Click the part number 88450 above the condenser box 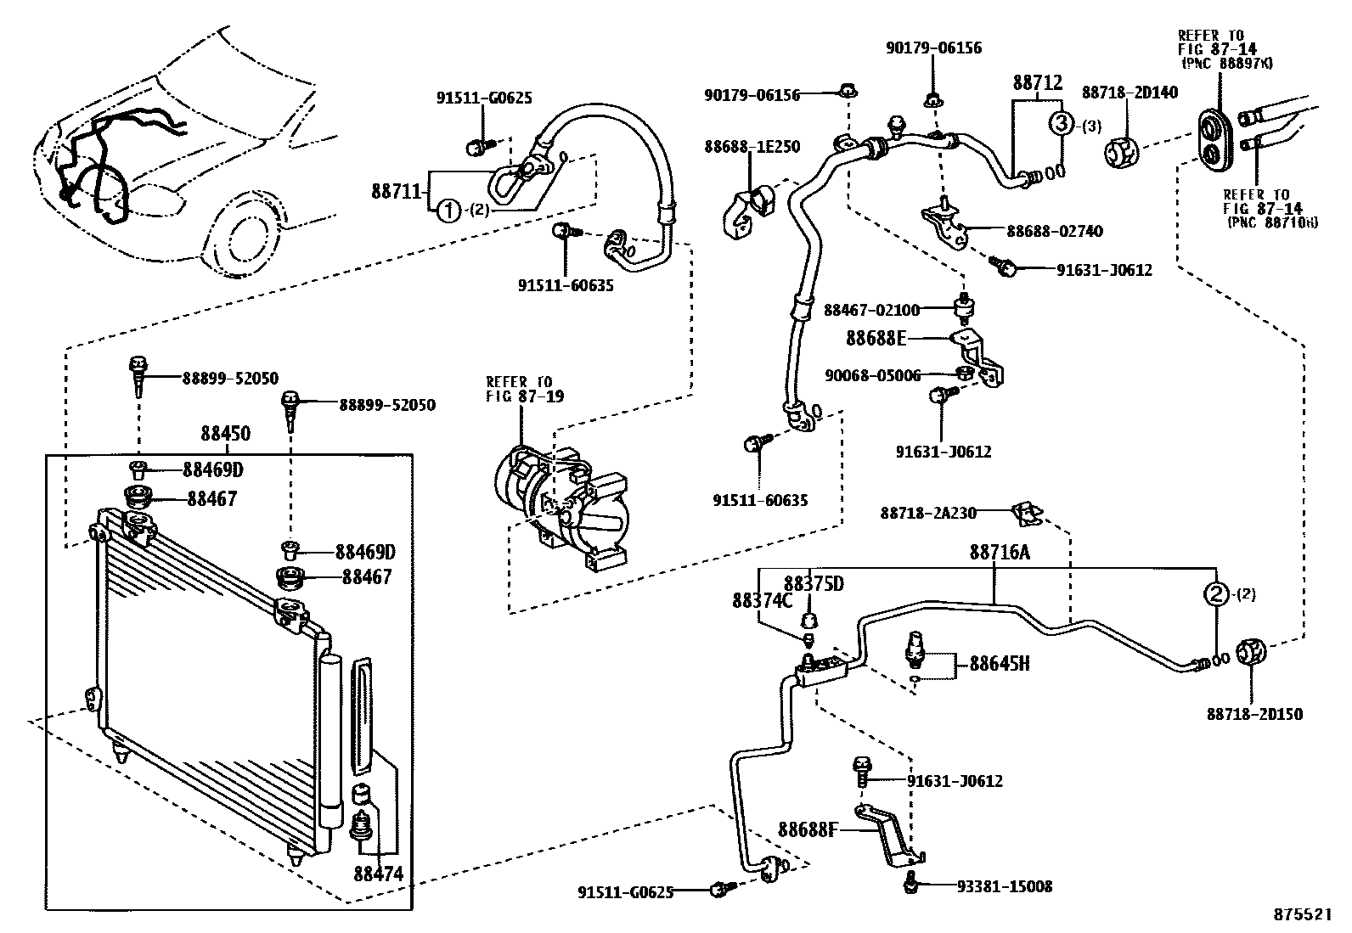[225, 434]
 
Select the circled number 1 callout [449, 211]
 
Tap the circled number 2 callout [1216, 594]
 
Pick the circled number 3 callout [1062, 124]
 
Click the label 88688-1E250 [751, 146]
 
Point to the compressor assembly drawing [561, 505]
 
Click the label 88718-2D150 [1254, 715]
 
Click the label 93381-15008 [1004, 886]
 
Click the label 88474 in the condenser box [378, 874]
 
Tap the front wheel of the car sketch [246, 233]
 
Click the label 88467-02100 [871, 311]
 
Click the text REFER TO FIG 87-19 [524, 389]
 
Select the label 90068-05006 [872, 374]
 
